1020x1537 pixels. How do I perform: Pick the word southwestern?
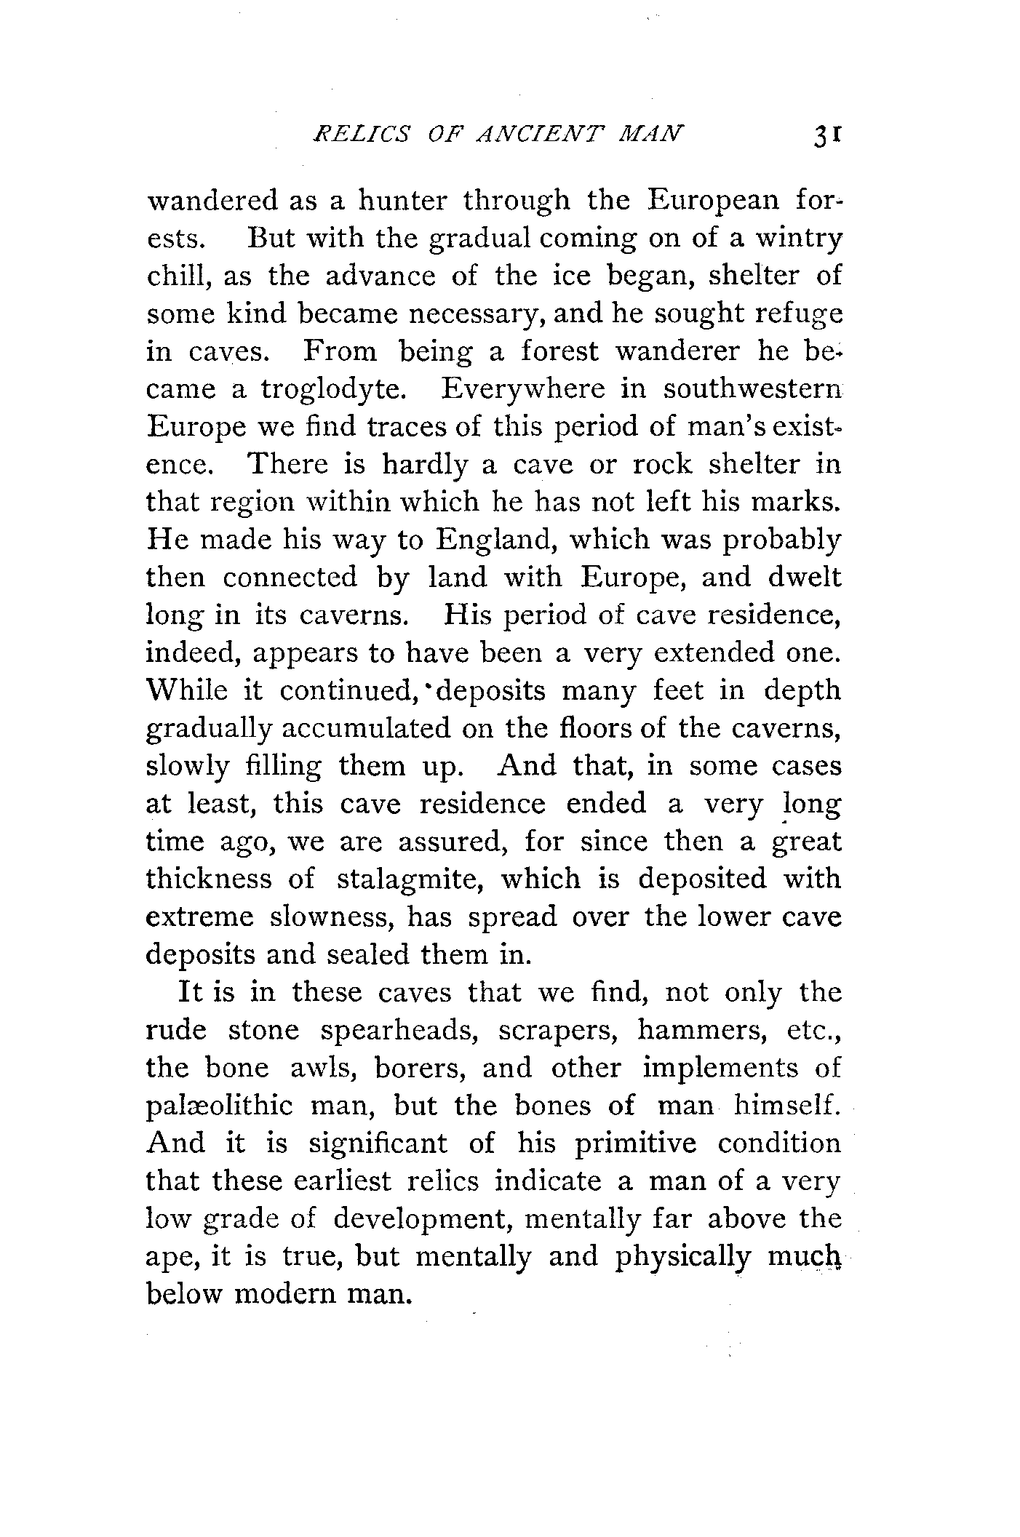pyautogui.click(x=752, y=389)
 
